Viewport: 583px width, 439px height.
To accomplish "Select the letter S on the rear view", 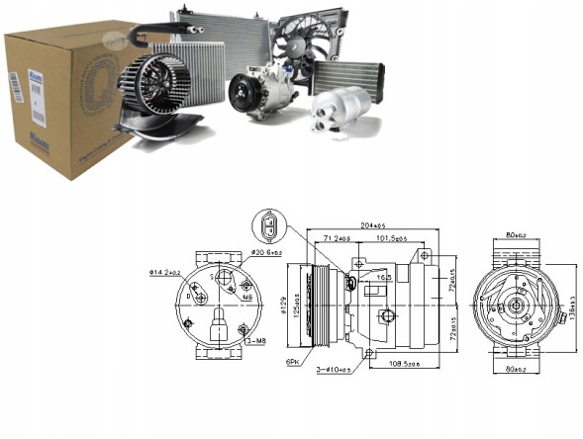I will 211,278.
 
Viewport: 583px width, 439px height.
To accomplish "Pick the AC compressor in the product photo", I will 259,90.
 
